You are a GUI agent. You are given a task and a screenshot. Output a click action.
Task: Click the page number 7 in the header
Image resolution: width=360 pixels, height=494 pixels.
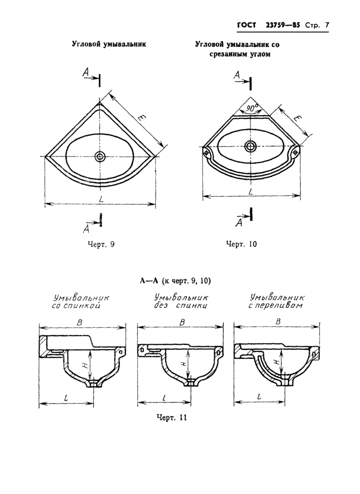[327, 25]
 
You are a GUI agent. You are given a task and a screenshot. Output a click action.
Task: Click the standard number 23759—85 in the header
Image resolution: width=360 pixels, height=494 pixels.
[283, 25]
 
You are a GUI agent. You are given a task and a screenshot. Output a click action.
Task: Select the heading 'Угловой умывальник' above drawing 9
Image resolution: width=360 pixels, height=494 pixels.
[109, 44]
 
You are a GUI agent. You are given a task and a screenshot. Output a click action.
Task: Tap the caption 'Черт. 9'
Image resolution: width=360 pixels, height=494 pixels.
[101, 244]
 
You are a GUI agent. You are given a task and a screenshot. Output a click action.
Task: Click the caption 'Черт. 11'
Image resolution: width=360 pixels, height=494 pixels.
[171, 417]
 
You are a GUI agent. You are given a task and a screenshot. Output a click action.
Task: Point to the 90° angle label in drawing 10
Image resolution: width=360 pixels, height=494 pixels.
[251, 109]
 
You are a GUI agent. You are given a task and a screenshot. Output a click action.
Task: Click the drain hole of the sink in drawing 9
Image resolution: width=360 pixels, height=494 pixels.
[100, 155]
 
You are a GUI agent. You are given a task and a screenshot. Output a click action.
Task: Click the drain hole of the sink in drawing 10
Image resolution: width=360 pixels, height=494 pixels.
[251, 146]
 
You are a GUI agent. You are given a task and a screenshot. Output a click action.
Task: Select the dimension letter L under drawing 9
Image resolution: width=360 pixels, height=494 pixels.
[101, 197]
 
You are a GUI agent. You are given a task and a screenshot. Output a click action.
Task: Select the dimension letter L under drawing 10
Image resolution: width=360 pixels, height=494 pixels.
[250, 190]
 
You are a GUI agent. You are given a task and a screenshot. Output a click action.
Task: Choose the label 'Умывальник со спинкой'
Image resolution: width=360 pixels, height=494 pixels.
[82, 302]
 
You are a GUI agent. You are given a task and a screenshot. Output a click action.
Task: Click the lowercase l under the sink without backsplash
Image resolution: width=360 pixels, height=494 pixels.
[164, 397]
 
